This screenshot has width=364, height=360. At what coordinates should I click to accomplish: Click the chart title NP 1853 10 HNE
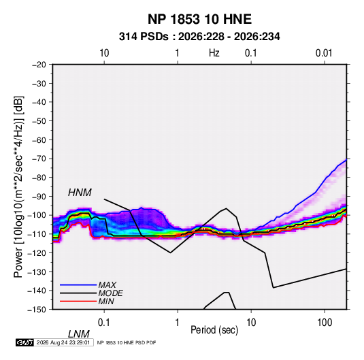pyautogui.click(x=199, y=19)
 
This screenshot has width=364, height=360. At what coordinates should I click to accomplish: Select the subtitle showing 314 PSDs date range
pyautogui.click(x=199, y=37)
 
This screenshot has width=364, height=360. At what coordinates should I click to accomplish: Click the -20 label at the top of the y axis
pyautogui.click(x=39, y=65)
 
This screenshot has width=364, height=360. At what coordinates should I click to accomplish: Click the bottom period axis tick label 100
pyautogui.click(x=325, y=323)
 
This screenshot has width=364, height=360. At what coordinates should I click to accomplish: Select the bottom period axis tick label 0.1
pyautogui.click(x=104, y=323)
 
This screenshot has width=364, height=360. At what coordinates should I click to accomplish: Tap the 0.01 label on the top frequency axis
pyautogui.click(x=324, y=53)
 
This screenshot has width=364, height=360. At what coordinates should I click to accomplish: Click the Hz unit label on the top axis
pyautogui.click(x=214, y=53)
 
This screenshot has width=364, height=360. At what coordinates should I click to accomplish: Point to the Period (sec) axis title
pyautogui.click(x=214, y=330)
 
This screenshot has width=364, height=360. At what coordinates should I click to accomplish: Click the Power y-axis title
pyautogui.click(x=18, y=187)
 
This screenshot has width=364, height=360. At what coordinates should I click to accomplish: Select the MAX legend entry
pyautogui.click(x=107, y=285)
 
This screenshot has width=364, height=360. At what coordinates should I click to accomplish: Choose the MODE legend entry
pyautogui.click(x=110, y=293)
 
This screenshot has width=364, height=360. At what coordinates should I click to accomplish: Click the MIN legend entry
pyautogui.click(x=106, y=301)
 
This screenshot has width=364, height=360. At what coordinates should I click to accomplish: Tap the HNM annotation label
pyautogui.click(x=80, y=193)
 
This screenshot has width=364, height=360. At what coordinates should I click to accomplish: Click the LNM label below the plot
pyautogui.click(x=79, y=334)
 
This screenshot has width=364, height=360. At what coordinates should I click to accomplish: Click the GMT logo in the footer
pyautogui.click(x=25, y=342)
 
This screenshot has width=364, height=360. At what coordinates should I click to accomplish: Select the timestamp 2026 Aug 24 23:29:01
pyautogui.click(x=63, y=342)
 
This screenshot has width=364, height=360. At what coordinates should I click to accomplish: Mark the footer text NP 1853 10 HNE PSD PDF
pyautogui.click(x=127, y=342)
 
